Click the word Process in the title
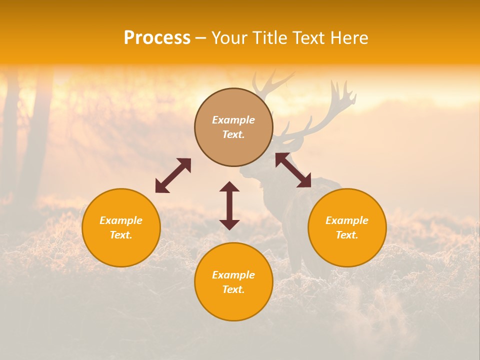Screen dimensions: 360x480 coord(157,38)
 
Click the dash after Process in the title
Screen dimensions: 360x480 coord(201,39)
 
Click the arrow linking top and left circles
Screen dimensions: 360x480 coord(173,175)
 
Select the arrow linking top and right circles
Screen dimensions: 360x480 coord(293,170)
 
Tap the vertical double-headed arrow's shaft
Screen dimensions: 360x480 coord(229,205)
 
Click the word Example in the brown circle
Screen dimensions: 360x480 coord(233,120)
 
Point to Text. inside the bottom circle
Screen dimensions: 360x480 coord(233,289)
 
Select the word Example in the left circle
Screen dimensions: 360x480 coord(121,220)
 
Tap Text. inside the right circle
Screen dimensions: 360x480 coord(347,235)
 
